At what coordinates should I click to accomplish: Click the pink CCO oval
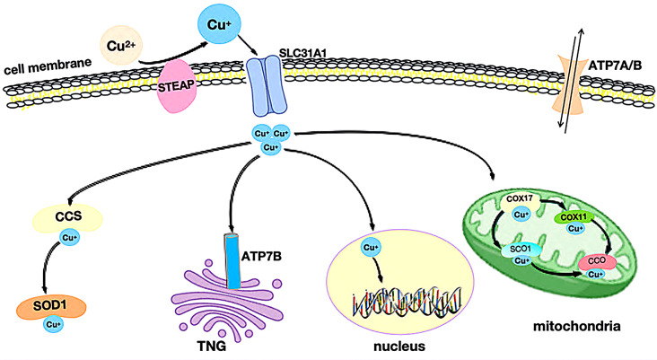(x=596, y=261)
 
